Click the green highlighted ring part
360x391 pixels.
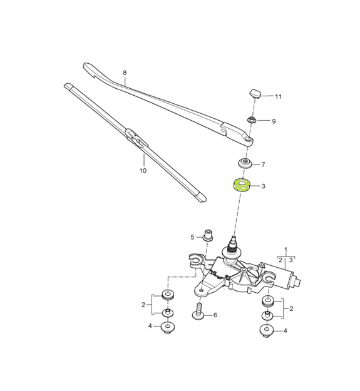(241, 186)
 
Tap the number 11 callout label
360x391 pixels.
(279, 96)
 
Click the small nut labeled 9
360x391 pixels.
(252, 120)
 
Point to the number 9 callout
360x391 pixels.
(274, 121)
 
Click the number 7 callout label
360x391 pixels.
(263, 165)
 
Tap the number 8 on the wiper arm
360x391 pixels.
(125, 73)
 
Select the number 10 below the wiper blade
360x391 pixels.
(142, 170)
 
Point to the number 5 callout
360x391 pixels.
(193, 236)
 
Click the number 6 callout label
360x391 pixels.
(215, 315)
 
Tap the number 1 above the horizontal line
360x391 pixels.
(285, 250)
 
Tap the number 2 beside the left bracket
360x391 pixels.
(143, 305)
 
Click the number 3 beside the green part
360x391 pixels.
(263, 186)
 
